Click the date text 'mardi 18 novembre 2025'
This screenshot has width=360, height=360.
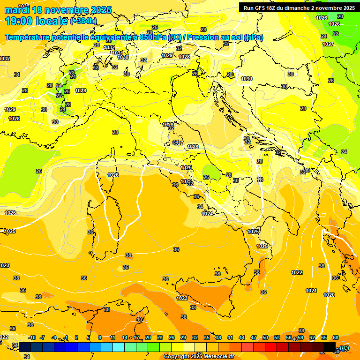coord(58,10)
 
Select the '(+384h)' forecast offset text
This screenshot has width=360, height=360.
coord(83,21)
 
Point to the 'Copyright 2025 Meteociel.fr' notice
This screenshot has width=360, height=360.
coord(199,356)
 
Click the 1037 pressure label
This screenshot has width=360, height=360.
coord(23,6)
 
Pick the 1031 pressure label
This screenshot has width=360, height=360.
coord(118,53)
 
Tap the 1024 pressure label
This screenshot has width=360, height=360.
coord(207,214)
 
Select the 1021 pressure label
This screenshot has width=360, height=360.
coord(311,291)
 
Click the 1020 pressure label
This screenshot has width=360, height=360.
coord(329,295)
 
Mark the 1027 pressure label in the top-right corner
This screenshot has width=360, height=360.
coord(328,44)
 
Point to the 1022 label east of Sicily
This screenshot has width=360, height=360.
coord(297,272)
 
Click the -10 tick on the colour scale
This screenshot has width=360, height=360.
coord(32,337)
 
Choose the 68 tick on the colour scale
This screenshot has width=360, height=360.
coord(336,337)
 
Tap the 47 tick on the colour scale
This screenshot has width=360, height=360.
coord(254,337)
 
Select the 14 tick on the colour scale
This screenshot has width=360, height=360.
coord(125,337)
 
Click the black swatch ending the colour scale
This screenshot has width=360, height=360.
coord(330,347)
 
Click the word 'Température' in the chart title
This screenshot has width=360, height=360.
coord(29,37)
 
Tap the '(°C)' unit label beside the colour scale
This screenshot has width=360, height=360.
coord(344,348)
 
